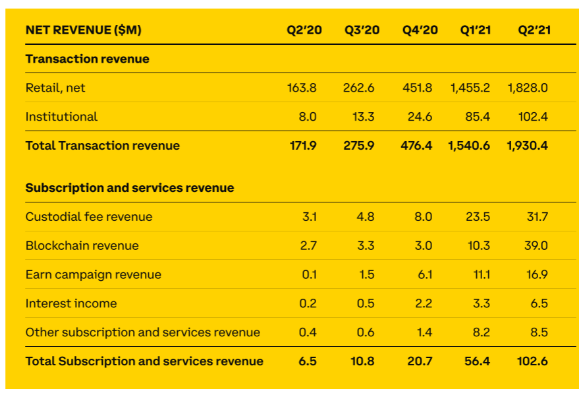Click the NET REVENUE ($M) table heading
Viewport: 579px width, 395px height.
click(83, 30)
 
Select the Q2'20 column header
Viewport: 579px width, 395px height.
click(304, 30)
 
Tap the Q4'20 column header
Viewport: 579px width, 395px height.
click(420, 30)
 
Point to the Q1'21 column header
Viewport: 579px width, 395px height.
click(476, 30)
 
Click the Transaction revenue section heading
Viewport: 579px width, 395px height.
click(87, 59)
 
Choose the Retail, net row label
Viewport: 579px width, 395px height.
click(55, 88)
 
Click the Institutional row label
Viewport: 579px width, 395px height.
click(61, 117)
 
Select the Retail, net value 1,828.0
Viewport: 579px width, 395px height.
click(527, 88)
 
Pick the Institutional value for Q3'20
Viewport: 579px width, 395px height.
click(364, 117)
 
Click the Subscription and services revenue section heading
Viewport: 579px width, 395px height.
click(130, 188)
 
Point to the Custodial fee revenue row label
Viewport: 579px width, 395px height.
click(89, 217)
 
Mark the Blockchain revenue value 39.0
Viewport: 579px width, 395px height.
click(537, 246)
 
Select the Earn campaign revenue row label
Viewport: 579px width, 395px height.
click(94, 275)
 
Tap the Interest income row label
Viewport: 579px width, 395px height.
click(71, 304)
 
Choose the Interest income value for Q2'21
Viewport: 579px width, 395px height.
click(539, 304)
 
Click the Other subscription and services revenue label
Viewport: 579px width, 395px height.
click(143, 332)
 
